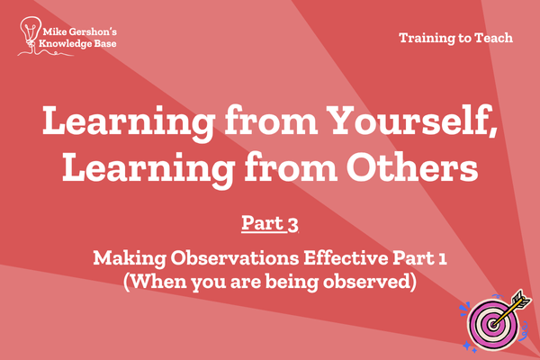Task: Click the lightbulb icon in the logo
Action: (31, 31)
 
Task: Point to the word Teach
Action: (494, 38)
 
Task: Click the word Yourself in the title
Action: (411, 120)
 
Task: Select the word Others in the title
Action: (412, 167)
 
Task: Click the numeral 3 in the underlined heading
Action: (292, 225)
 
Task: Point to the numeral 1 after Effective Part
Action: (443, 258)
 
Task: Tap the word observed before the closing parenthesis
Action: (365, 281)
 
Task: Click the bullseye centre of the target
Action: (493, 324)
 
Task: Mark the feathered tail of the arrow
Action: (522, 299)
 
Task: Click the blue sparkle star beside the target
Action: (467, 345)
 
